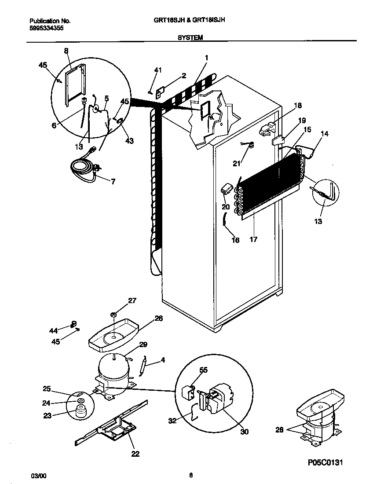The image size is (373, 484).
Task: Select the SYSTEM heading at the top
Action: [x=190, y=38]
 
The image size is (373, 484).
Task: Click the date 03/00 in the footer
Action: [x=38, y=476]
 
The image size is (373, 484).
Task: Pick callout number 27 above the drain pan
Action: [x=132, y=301]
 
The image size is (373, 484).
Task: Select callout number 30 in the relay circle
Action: [x=245, y=432]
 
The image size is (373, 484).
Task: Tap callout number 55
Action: [x=203, y=370]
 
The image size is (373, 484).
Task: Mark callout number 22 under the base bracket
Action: [x=135, y=454]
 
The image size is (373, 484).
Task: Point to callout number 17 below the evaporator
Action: [x=253, y=239]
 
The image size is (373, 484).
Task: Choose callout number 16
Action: [x=235, y=240]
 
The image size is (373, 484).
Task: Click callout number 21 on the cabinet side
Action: [x=237, y=164]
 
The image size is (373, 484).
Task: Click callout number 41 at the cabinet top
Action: [x=158, y=70]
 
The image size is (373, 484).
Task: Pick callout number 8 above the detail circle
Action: [x=66, y=51]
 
